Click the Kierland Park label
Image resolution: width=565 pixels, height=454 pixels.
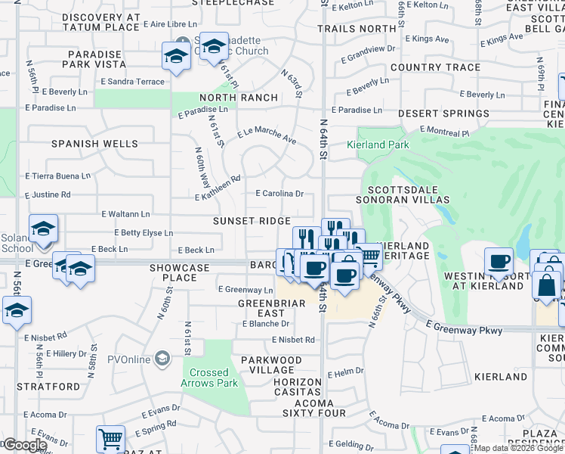(377, 145)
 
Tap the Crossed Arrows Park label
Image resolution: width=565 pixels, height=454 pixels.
(209, 378)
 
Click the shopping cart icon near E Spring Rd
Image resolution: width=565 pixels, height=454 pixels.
(110, 438)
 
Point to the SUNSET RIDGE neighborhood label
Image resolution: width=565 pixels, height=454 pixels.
(251, 221)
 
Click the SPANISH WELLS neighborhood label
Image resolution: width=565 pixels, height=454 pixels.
(94, 144)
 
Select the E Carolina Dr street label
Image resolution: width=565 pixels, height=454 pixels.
(279, 194)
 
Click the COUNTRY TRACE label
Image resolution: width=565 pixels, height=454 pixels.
(436, 67)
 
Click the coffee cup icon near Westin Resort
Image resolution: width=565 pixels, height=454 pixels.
(499, 261)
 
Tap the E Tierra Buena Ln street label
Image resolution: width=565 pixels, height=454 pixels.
(57, 176)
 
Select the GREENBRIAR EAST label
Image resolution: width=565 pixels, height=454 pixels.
(261, 308)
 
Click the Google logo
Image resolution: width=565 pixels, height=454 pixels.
(24, 445)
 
